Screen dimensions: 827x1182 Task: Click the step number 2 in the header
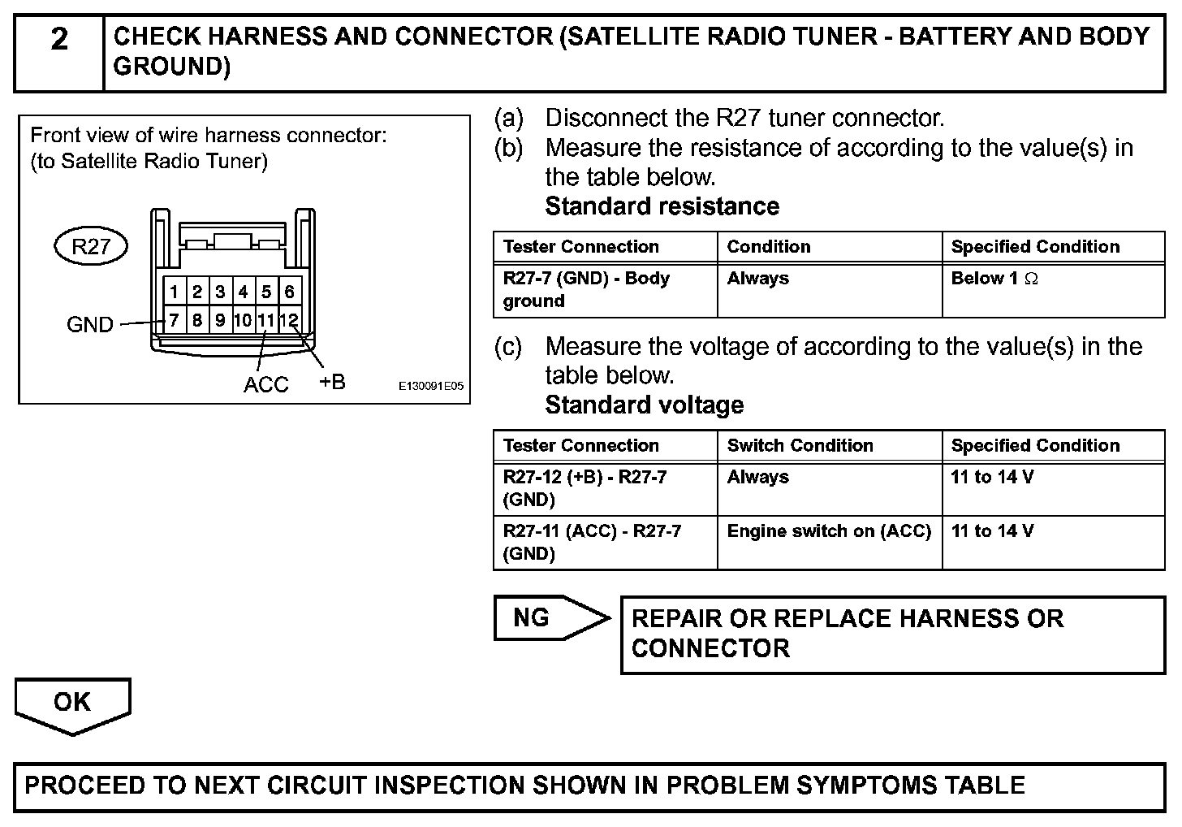[59, 39]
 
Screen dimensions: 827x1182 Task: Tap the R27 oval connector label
[90, 246]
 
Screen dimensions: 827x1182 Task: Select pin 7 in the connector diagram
[174, 320]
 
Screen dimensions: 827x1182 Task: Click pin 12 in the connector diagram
[289, 320]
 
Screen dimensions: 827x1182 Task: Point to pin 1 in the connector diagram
[174, 292]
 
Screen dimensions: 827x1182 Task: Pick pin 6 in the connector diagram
[289, 292]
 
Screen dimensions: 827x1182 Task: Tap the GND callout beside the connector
[89, 325]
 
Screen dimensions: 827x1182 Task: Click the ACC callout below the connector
[265, 384]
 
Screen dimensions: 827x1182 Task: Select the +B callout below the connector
[332, 382]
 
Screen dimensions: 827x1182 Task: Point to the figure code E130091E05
[430, 387]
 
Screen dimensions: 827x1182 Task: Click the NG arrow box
[544, 618]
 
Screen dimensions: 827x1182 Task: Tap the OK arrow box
[72, 703]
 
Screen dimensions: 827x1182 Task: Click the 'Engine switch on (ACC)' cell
[828, 531]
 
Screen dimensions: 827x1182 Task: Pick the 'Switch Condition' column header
[800, 445]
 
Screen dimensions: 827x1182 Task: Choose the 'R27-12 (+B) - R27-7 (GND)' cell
[585, 487]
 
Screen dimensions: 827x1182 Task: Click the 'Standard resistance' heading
[662, 206]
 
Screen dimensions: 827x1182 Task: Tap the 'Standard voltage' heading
[644, 405]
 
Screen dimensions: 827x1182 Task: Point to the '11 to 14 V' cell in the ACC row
[992, 531]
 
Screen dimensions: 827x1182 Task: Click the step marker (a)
[509, 119]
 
